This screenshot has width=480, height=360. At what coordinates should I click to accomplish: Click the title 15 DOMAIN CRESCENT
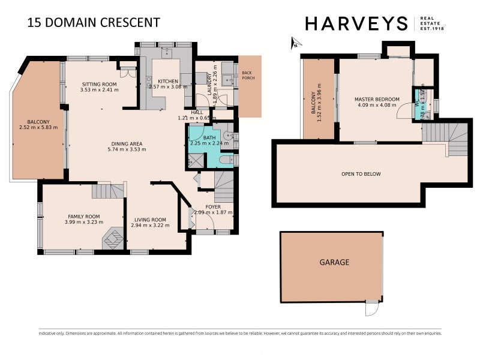coord(94,23)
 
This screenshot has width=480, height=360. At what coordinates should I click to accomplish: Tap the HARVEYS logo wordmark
coord(356,23)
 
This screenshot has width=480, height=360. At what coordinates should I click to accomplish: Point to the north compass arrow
coord(294,43)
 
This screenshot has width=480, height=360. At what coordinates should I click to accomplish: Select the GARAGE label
coord(334,262)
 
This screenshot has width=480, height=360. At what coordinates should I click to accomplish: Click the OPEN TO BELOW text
coord(361,174)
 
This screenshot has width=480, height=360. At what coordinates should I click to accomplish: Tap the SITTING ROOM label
coord(99,85)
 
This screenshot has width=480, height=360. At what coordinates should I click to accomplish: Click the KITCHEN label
coord(168,81)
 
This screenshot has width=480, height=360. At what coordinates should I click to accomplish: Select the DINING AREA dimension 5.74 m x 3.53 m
coord(126,151)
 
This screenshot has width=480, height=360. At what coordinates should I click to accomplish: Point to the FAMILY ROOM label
coord(83,217)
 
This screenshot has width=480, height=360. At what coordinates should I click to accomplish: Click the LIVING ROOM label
coord(150,220)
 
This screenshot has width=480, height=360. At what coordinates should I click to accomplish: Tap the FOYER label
coord(213,207)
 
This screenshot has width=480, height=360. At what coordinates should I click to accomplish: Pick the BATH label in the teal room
coord(209,137)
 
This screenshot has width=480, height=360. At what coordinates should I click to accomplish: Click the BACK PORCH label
coord(247,76)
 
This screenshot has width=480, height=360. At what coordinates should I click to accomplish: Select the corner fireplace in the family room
coord(112,239)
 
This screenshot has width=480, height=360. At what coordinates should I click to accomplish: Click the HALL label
coord(197,112)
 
